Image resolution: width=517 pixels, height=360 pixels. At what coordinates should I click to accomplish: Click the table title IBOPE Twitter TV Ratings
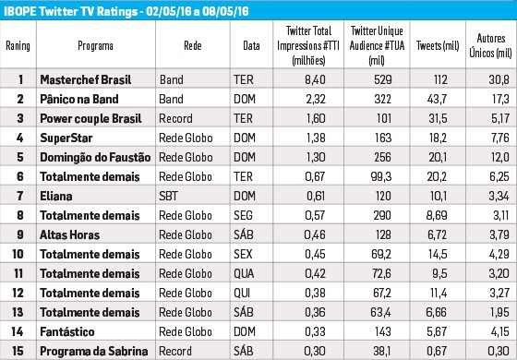coord(70,11)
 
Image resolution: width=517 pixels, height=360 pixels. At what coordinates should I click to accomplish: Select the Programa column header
coord(95,45)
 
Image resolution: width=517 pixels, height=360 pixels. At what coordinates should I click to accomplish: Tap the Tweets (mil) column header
coord(438,45)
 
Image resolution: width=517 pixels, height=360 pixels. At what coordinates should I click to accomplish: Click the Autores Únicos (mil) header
coord(490,45)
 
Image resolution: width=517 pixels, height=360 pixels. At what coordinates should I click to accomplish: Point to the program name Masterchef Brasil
coord(86,79)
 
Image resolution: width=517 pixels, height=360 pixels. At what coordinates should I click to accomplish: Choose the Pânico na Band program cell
coord(79,99)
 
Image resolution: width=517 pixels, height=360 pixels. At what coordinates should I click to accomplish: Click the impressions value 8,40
coord(315,79)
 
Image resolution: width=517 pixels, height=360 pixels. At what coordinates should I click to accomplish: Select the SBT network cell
coord(168,196)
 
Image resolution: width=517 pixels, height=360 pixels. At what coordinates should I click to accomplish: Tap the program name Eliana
coord(56,196)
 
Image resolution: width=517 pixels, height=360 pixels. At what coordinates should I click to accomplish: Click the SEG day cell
coord(243,216)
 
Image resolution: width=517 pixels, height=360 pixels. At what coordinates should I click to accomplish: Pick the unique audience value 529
coord(383,79)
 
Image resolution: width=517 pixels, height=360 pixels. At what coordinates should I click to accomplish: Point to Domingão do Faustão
coord(95,157)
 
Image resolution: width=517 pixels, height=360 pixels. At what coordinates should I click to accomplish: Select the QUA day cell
coord(244,273)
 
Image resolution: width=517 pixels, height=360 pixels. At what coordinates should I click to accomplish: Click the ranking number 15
coord(18,351)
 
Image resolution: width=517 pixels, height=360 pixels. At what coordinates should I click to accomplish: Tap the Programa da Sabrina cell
coord(94,351)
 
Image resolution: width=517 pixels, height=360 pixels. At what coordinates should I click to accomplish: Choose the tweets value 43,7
coord(438,99)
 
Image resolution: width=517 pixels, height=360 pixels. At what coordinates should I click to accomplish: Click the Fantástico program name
coord(67,331)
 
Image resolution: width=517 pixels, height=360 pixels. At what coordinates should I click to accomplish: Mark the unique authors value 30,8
coord(499,79)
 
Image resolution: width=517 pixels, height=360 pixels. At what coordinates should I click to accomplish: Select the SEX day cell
coord(243,254)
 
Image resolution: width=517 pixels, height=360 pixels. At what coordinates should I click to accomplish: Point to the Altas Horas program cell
coord(69,234)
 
